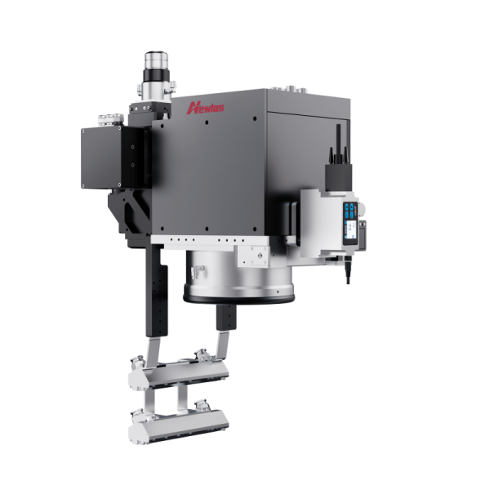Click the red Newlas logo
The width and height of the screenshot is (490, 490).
(x=205, y=108)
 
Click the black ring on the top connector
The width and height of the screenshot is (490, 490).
(x=156, y=76)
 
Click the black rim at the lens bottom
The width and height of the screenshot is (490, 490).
(x=239, y=299)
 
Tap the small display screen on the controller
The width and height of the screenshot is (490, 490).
(x=351, y=230)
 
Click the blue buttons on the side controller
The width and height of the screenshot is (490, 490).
(x=350, y=210)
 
